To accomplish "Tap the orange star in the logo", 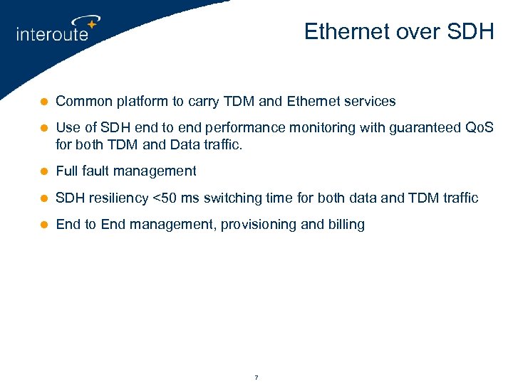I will [91, 24].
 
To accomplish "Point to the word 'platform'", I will [135, 102].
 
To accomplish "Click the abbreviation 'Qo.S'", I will [479, 129].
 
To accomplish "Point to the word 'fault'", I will [97, 171].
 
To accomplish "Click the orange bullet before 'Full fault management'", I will [43, 171].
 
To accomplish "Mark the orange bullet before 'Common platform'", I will [43, 102].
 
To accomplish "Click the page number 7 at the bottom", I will [256, 377].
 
